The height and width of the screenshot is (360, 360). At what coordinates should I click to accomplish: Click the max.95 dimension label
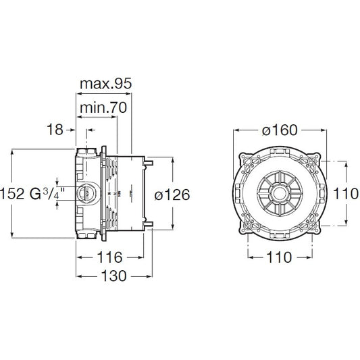(x=106, y=84)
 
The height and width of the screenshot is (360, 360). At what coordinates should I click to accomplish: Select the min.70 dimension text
(x=103, y=107)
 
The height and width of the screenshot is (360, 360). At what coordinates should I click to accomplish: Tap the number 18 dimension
(x=55, y=129)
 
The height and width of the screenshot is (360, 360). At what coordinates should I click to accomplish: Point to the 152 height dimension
(x=12, y=194)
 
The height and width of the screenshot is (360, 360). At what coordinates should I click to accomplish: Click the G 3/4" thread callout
(x=47, y=194)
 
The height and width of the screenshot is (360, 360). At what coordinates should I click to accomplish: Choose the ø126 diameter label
(x=172, y=195)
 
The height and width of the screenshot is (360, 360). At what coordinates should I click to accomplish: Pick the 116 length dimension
(x=109, y=257)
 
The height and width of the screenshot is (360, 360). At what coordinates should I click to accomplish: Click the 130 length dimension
(x=114, y=276)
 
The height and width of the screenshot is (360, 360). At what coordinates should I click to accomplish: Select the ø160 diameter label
(x=280, y=130)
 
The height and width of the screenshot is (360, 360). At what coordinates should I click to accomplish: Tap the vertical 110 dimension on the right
(x=346, y=193)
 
